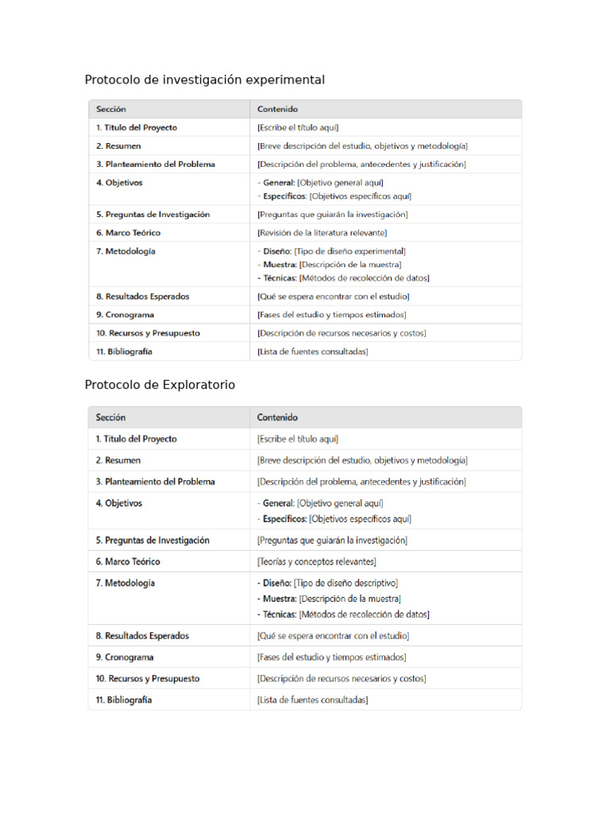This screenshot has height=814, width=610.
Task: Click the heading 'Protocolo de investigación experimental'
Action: coord(205,79)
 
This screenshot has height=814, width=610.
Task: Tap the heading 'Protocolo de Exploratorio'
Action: coord(160,385)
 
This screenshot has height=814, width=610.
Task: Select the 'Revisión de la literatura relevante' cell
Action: coord(322,233)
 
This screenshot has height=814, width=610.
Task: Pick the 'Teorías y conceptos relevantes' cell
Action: coord(317,561)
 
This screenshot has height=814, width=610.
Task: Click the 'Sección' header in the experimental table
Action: coord(111,109)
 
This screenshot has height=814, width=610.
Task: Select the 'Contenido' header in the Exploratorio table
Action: coord(277,417)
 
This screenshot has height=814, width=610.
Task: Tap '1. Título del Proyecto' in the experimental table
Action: coord(137,127)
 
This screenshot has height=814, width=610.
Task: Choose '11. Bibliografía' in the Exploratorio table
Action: coord(124,700)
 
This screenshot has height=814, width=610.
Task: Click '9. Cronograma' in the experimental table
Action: coord(125,315)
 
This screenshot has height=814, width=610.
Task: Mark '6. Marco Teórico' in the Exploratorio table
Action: coord(128,561)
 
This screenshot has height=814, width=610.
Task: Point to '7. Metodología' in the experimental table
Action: coord(125,251)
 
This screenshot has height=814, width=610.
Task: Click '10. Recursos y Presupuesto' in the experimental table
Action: coord(148,333)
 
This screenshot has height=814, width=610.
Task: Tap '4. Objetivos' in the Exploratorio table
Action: coord(119,503)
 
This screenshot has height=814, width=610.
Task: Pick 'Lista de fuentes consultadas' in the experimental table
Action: coord(313,351)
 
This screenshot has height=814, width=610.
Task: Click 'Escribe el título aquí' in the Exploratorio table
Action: coord(299,439)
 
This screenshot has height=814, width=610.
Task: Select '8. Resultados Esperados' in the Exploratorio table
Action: coord(142,636)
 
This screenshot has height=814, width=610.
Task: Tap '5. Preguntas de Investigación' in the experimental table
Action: coord(153,215)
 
